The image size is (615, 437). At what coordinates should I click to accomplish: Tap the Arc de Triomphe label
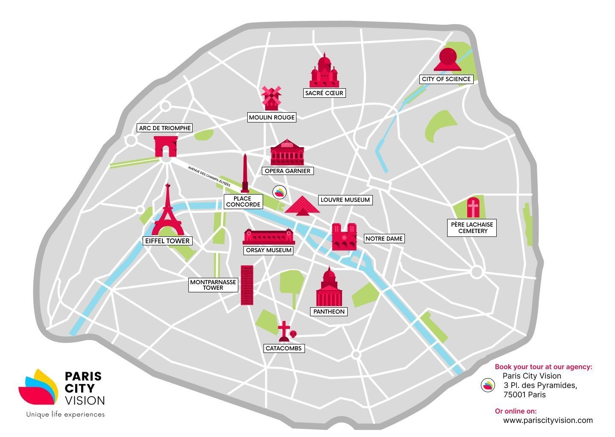pos(165,128)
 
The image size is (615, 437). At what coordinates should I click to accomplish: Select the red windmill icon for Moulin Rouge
pos(271,98)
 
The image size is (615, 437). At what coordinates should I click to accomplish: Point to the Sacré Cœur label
pos(324,93)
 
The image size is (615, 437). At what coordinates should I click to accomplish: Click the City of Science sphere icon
pos(447,60)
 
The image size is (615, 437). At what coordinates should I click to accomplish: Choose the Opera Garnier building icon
pos(287,153)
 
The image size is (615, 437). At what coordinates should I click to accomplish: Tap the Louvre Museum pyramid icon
pos(302,205)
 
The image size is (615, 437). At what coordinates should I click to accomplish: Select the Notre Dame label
pos(384,239)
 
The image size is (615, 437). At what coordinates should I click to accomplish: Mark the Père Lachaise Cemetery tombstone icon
pos(473,208)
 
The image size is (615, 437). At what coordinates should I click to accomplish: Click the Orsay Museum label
pos(269,251)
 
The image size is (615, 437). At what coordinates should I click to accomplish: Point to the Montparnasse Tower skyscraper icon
pos(247,285)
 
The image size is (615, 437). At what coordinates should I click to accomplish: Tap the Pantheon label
pos(329,312)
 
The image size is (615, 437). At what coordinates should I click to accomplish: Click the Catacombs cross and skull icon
pos(286,332)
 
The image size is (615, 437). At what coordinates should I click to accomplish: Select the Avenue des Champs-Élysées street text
pos(209,176)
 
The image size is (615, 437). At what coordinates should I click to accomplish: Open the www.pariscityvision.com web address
pos(548,420)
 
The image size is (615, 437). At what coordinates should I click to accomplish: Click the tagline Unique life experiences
pos(65,414)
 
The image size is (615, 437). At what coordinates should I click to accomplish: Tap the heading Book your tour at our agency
pos(543,367)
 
